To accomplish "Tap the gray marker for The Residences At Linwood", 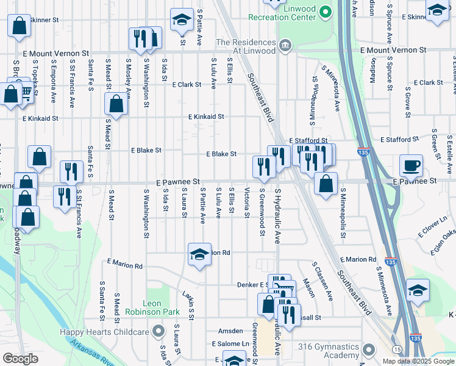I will (x=285, y=45).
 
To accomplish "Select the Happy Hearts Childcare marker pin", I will (x=159, y=332).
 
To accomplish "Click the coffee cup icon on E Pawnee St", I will (x=411, y=165).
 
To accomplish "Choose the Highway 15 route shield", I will (x=397, y=349).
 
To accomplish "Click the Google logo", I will (x=20, y=359).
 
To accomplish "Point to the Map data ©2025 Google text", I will (x=418, y=361).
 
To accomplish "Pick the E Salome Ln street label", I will (x=231, y=344).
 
